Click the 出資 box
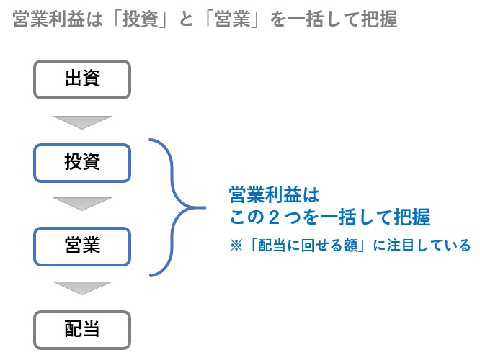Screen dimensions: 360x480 tap(82, 79)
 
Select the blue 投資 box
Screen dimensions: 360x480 tap(82, 163)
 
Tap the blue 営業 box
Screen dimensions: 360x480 tap(82, 246)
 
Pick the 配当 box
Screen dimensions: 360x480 tap(82, 329)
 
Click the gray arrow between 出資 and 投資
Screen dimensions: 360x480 tap(82, 121)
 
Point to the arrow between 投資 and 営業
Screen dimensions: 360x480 tap(82, 204)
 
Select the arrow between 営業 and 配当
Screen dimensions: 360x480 tap(82, 288)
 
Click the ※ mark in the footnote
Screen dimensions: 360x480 tap(236, 246)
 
